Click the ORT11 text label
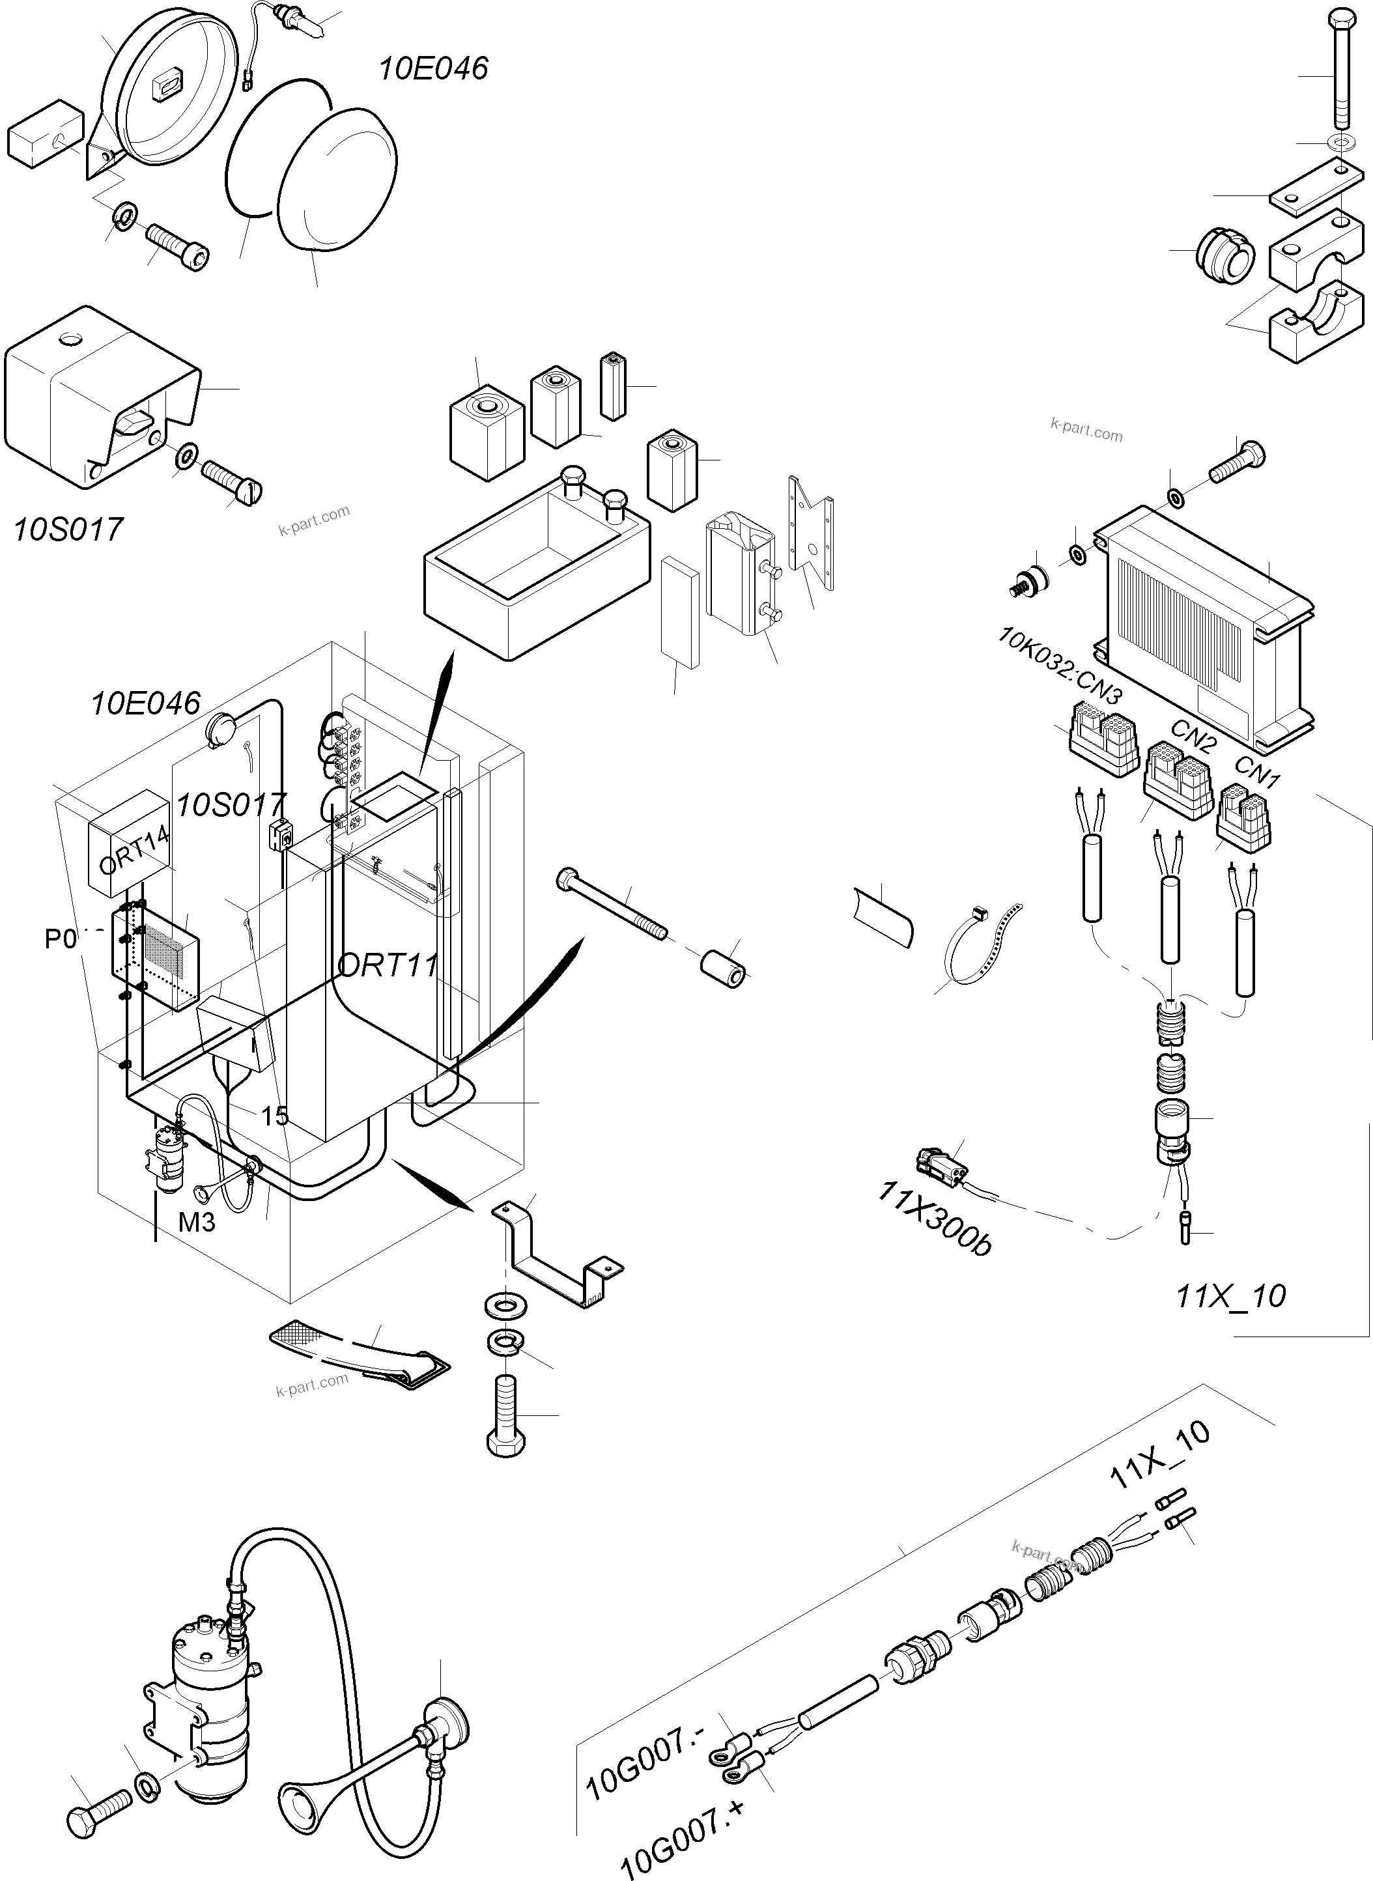[388, 966]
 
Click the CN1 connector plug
[1244, 817]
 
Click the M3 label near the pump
[197, 1222]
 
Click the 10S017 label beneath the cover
[68, 529]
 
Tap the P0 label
[60, 939]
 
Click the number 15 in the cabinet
[274, 1116]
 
